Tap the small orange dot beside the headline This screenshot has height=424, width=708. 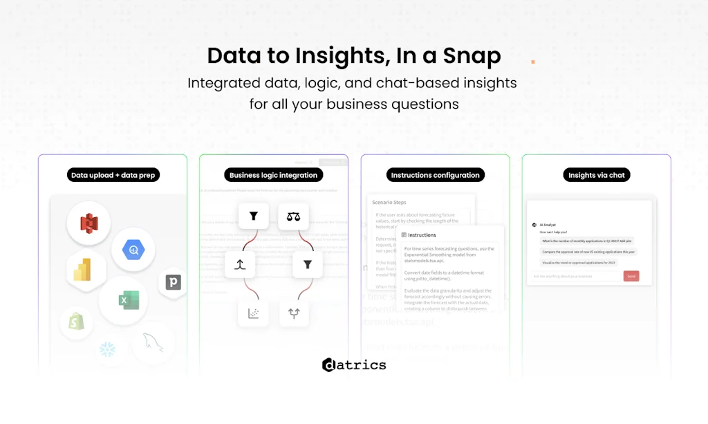point(533,62)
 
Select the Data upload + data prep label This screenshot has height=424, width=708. point(113,175)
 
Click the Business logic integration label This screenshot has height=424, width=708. point(274,175)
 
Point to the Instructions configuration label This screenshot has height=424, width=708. point(435,175)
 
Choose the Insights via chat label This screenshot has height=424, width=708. point(596,175)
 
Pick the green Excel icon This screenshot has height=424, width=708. point(124,300)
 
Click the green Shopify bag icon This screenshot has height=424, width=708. point(76,322)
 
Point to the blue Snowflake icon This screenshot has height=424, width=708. point(108,350)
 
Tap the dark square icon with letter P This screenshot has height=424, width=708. point(173,282)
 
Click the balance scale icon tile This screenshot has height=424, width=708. point(293,216)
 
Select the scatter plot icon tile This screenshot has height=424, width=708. point(254,313)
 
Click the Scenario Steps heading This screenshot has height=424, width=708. point(390,203)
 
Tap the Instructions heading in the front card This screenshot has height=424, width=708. point(422,235)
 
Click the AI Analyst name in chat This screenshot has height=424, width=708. point(548,225)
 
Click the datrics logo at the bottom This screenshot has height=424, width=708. point(354,365)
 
